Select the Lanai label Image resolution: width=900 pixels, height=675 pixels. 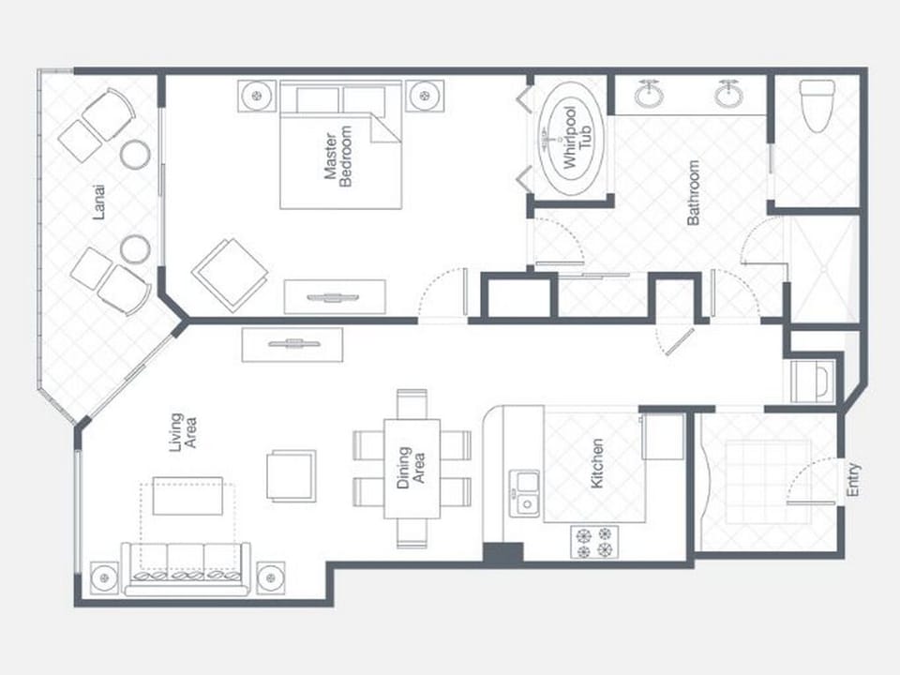coord(99,201)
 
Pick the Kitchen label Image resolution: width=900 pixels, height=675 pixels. coord(597,463)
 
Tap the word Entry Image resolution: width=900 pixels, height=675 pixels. coord(853,480)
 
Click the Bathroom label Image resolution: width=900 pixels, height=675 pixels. coord(694,193)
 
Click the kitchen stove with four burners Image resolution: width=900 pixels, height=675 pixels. coord(595,542)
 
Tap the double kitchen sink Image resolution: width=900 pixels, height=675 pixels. coord(525,492)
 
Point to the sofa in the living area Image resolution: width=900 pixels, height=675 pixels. coord(186,568)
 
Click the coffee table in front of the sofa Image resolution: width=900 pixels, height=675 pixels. coord(187,496)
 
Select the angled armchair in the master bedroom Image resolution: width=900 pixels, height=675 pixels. coord(230,273)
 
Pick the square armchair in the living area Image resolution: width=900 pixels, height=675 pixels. coord(291,475)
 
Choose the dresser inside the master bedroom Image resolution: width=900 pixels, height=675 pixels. coord(335,297)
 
